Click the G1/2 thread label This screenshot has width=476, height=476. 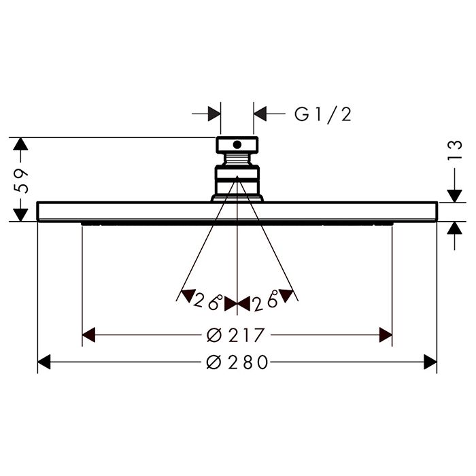323,114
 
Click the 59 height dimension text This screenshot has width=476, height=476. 21,181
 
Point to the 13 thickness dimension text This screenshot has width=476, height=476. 455,150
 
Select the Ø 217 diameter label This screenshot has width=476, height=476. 235,335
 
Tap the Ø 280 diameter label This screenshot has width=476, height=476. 237,362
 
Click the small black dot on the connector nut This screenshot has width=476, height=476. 237,145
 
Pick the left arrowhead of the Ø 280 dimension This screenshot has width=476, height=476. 44,362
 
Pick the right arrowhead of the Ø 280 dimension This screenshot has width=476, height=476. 430,362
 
